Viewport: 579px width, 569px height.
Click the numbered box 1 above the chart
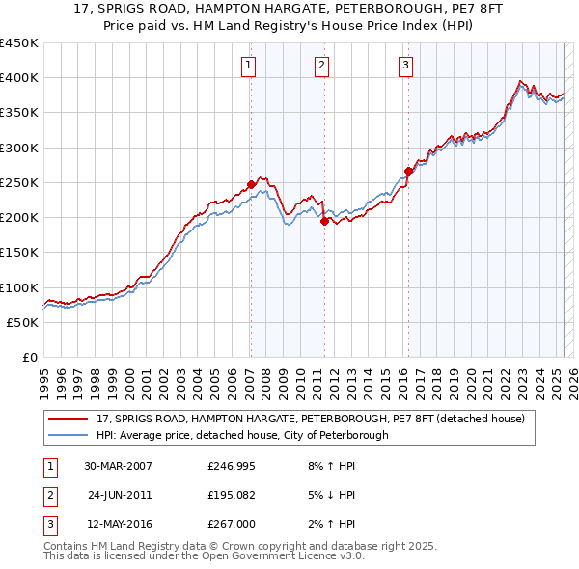pos(249,66)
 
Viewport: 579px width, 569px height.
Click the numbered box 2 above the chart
pos(321,66)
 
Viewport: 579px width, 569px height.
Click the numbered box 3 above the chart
pos(405,66)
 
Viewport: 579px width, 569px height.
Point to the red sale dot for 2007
pos(251,183)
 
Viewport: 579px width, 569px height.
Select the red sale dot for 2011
pos(323,220)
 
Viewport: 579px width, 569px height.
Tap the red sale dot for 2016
pos(408,171)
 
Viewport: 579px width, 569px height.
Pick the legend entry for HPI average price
pos(242,435)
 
